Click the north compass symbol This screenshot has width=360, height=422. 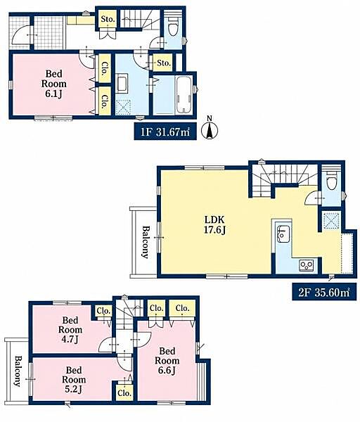point(210,129)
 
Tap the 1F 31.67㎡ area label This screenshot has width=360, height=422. point(165,132)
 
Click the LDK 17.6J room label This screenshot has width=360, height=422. point(214,225)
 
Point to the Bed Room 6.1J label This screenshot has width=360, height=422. point(54,84)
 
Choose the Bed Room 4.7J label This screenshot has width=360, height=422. point(70,330)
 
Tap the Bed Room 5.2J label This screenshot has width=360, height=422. point(74,380)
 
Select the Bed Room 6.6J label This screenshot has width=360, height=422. point(167,361)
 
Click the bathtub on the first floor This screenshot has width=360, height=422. point(184,95)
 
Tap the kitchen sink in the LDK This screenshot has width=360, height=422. point(283,234)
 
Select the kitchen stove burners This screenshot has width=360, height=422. point(306,265)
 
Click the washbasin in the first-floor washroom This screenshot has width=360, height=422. point(122,83)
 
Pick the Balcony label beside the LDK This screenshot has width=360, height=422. point(146,242)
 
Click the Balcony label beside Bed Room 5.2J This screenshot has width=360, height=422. point(18,371)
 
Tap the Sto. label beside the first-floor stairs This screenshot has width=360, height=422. point(108,19)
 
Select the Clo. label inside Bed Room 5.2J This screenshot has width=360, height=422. point(124,393)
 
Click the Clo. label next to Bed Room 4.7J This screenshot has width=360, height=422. point(103,311)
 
